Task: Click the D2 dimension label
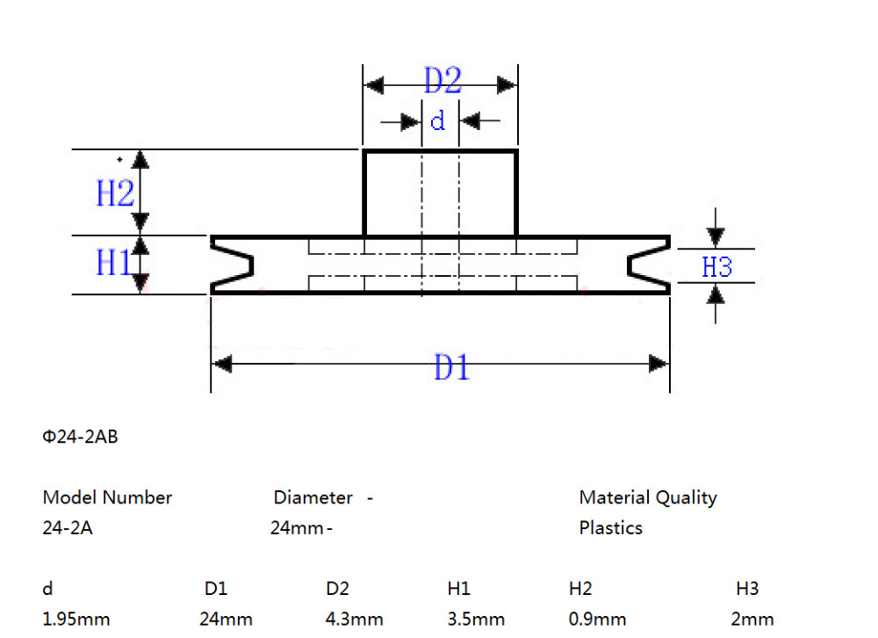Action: [443, 82]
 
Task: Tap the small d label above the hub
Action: [437, 120]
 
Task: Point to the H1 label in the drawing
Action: [113, 262]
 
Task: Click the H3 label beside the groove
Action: [716, 267]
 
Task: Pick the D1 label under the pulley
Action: [451, 367]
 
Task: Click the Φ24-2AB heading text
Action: [80, 437]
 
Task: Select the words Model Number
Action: [107, 497]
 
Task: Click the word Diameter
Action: [313, 497]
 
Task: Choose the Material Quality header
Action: [647, 497]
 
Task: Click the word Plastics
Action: [610, 528]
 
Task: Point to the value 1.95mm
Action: [76, 619]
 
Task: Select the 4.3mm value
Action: [354, 619]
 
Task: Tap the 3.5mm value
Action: [476, 619]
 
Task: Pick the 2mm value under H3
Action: [752, 619]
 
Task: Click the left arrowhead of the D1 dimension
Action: [222, 363]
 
